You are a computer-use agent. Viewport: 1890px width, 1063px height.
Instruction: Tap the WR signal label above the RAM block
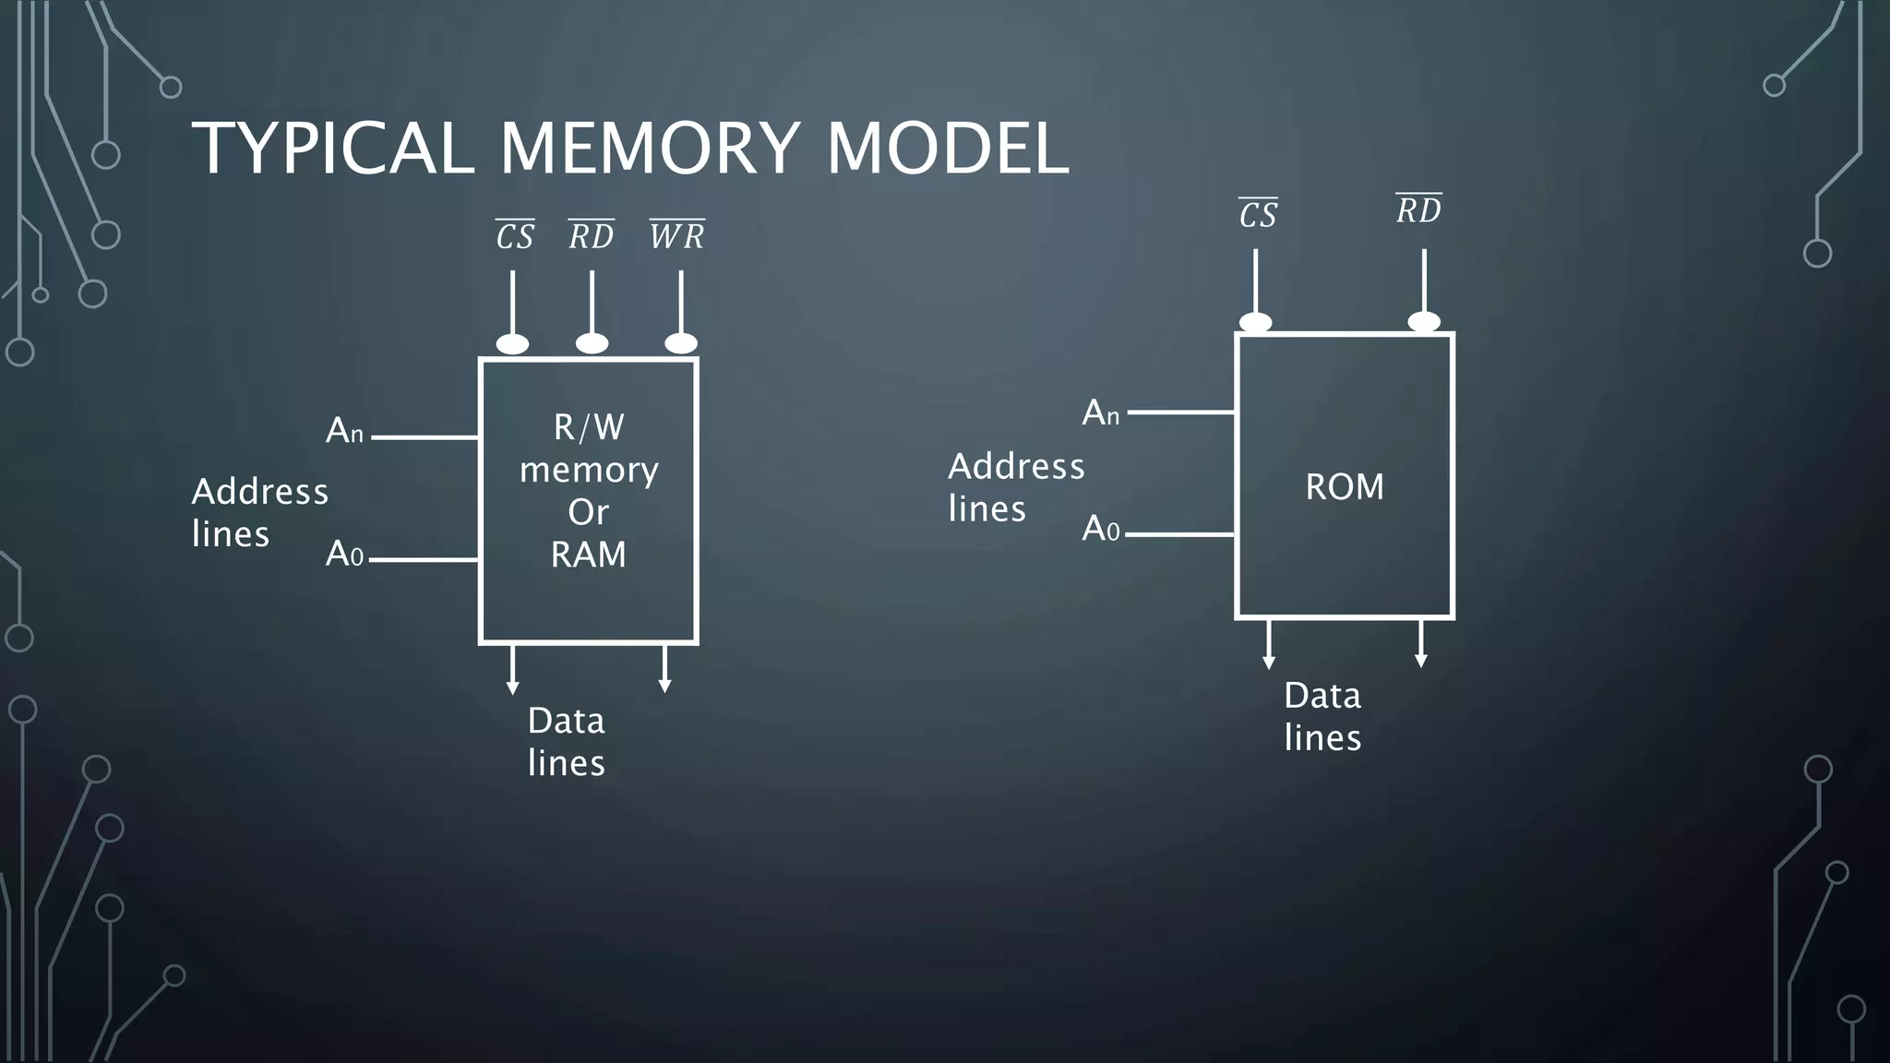pyautogui.click(x=676, y=236)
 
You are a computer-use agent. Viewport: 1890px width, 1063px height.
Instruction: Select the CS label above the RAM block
pyautogui.click(x=514, y=236)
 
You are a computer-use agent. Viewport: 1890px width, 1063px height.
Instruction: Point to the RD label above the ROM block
pyautogui.click(x=1418, y=211)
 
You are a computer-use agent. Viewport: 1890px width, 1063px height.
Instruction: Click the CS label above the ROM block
pyautogui.click(x=1258, y=215)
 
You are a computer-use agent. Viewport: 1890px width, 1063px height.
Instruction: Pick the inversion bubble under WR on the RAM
pyautogui.click(x=681, y=343)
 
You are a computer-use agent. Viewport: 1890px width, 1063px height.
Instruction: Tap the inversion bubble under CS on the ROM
pyautogui.click(x=1255, y=322)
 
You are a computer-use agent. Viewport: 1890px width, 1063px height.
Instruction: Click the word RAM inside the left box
pyautogui.click(x=588, y=555)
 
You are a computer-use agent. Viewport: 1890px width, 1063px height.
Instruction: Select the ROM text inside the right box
pyautogui.click(x=1345, y=487)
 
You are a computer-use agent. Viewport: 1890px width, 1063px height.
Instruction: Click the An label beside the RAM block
pyautogui.click(x=344, y=431)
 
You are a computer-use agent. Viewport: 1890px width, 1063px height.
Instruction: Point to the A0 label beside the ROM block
pyautogui.click(x=1100, y=529)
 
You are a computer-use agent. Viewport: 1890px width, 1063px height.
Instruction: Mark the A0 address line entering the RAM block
pyautogui.click(x=424, y=559)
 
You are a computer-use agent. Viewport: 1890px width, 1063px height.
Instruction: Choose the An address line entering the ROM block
pyautogui.click(x=1181, y=412)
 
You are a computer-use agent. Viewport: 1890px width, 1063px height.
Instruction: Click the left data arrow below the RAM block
pyautogui.click(x=512, y=670)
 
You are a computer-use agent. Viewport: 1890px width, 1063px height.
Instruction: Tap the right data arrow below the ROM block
pyautogui.click(x=1421, y=644)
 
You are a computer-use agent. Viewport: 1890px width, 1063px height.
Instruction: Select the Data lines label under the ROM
pyautogui.click(x=1322, y=716)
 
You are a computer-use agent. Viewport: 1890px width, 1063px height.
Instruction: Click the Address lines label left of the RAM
pyautogui.click(x=259, y=512)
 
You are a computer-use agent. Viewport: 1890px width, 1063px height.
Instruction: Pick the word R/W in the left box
pyautogui.click(x=589, y=427)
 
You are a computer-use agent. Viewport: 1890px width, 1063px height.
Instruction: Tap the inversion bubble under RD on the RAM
pyautogui.click(x=592, y=343)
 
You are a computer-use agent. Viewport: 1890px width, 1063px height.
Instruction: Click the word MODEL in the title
pyautogui.click(x=948, y=149)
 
